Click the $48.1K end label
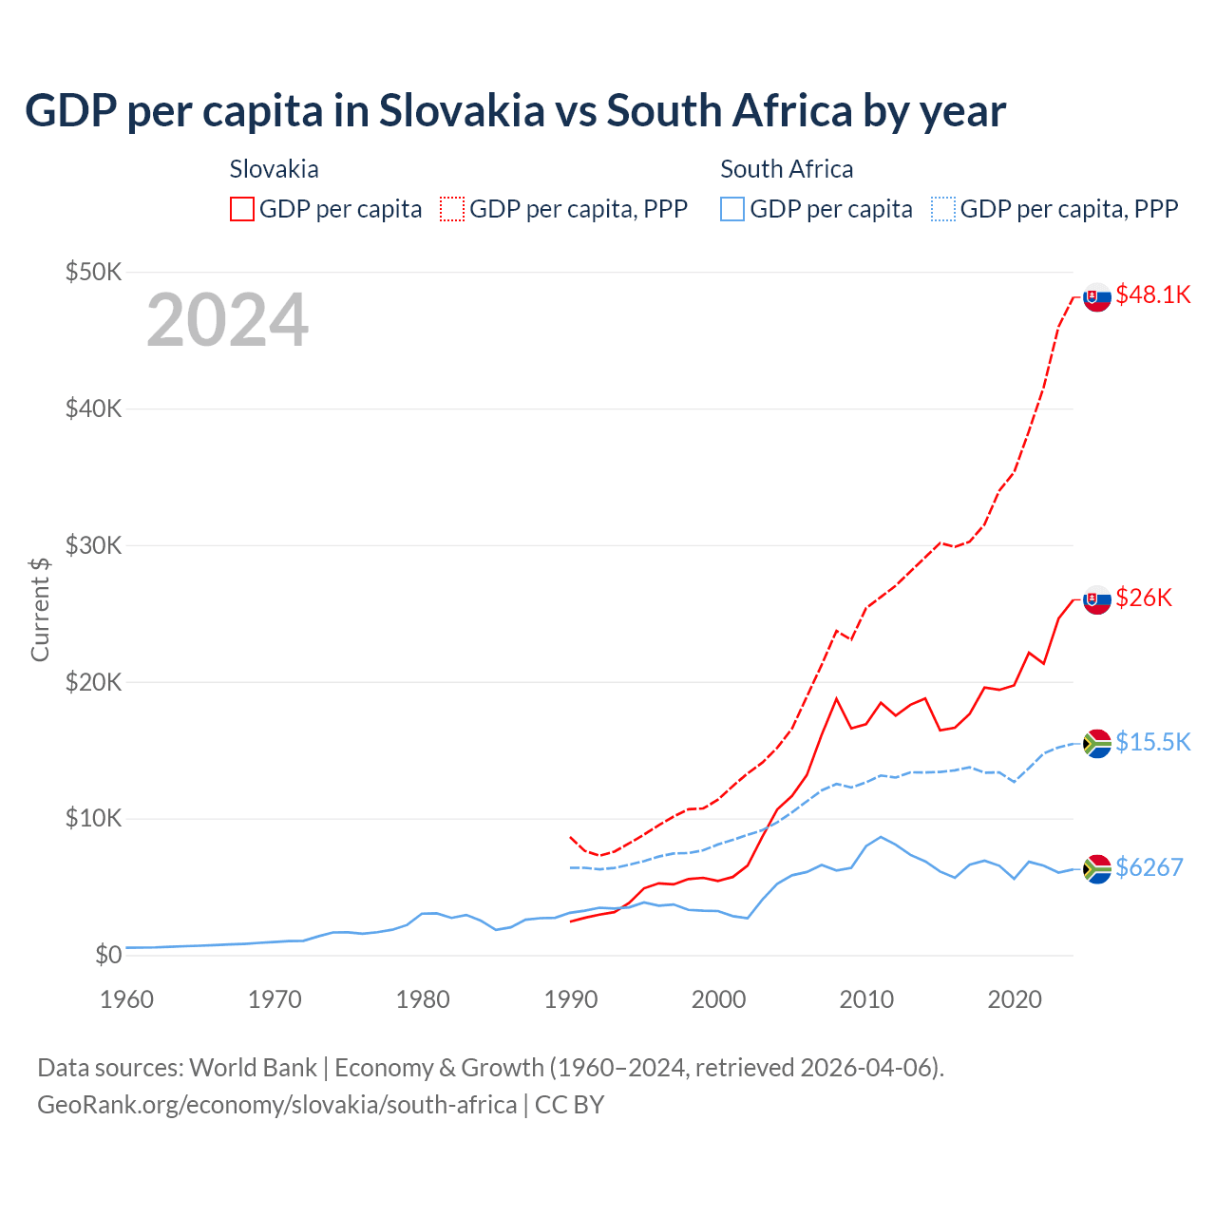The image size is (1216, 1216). [x=1152, y=294]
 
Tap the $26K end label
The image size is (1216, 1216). [x=1144, y=598]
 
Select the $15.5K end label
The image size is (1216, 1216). [x=1152, y=742]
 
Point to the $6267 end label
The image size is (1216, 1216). [x=1149, y=867]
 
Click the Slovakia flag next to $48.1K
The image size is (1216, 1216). [x=1097, y=296]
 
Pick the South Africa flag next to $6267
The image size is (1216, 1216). [x=1097, y=868]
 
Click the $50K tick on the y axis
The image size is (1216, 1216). [x=93, y=272]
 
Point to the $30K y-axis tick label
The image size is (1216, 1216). [x=93, y=545]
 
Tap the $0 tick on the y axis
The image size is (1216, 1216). [x=108, y=955]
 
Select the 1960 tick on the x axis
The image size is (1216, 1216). [x=126, y=999]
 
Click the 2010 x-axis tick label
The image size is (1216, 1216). [x=866, y=999]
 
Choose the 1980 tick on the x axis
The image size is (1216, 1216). [x=423, y=999]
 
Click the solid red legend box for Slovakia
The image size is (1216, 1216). [x=242, y=209]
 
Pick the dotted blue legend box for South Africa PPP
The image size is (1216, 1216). [x=943, y=209]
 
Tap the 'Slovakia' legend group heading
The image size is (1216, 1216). [x=274, y=169]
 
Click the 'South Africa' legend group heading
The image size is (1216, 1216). [x=787, y=169]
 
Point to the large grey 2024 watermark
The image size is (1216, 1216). [x=227, y=321]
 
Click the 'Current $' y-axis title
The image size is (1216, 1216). [x=40, y=609]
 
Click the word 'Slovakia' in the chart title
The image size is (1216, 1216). [x=462, y=111]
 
